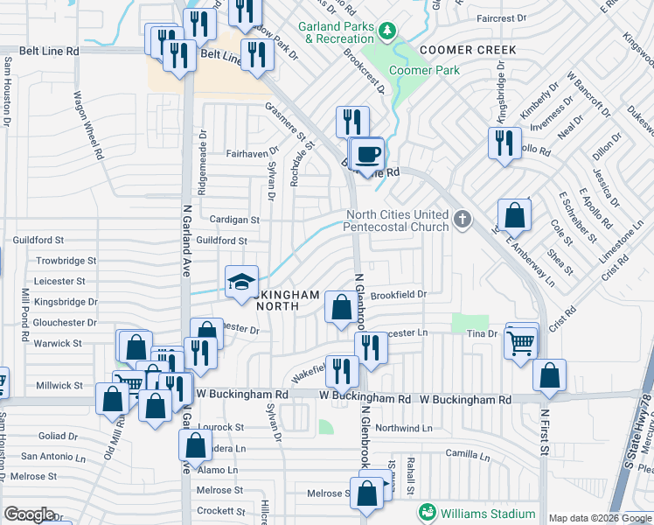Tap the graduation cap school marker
point(242,282)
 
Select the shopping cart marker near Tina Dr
point(522,341)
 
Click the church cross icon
point(463,219)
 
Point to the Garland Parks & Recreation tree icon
point(386,32)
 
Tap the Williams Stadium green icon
point(428,512)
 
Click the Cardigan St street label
point(234,220)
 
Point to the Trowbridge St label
point(66,261)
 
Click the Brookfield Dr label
point(398,296)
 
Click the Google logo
point(29,514)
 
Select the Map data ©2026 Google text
point(599,518)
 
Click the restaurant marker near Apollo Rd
point(504,143)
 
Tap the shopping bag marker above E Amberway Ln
point(514,214)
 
